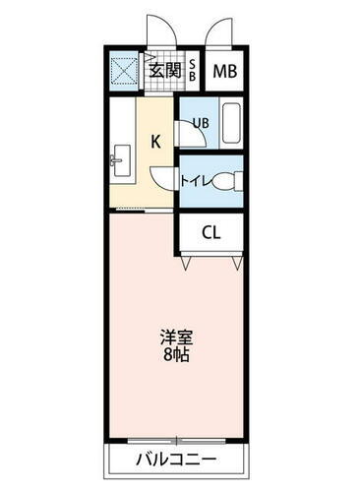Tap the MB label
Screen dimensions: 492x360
(224, 71)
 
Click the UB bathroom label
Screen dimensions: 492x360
(200, 123)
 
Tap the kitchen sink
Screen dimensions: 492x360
(121, 159)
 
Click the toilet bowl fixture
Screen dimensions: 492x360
(227, 181)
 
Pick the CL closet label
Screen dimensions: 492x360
(210, 233)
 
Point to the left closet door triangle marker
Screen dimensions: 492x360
(186, 264)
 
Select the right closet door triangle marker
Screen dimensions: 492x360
(236, 264)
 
